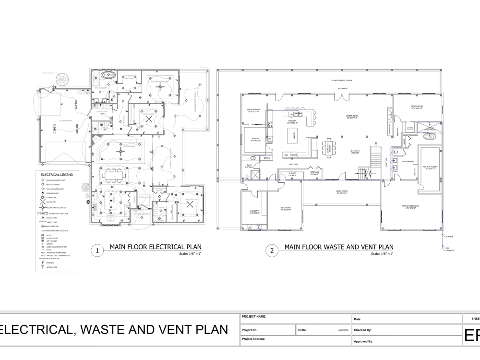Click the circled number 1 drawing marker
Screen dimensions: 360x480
[x=97, y=251]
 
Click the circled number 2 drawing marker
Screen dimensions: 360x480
[x=272, y=251]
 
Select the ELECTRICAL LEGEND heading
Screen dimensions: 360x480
[x=57, y=175]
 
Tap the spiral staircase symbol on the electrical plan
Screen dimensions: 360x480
[x=62, y=79]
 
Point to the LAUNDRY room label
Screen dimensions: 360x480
[x=254, y=211]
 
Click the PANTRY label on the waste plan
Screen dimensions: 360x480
[x=255, y=140]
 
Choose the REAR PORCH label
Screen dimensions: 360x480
[x=341, y=192]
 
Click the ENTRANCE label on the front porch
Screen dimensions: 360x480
[x=342, y=88]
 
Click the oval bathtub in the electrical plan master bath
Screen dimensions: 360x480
[x=110, y=76]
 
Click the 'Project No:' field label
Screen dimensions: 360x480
[x=250, y=330]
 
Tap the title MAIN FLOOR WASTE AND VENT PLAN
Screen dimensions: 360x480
[x=338, y=247]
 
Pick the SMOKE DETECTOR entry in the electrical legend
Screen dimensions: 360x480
[x=52, y=226]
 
